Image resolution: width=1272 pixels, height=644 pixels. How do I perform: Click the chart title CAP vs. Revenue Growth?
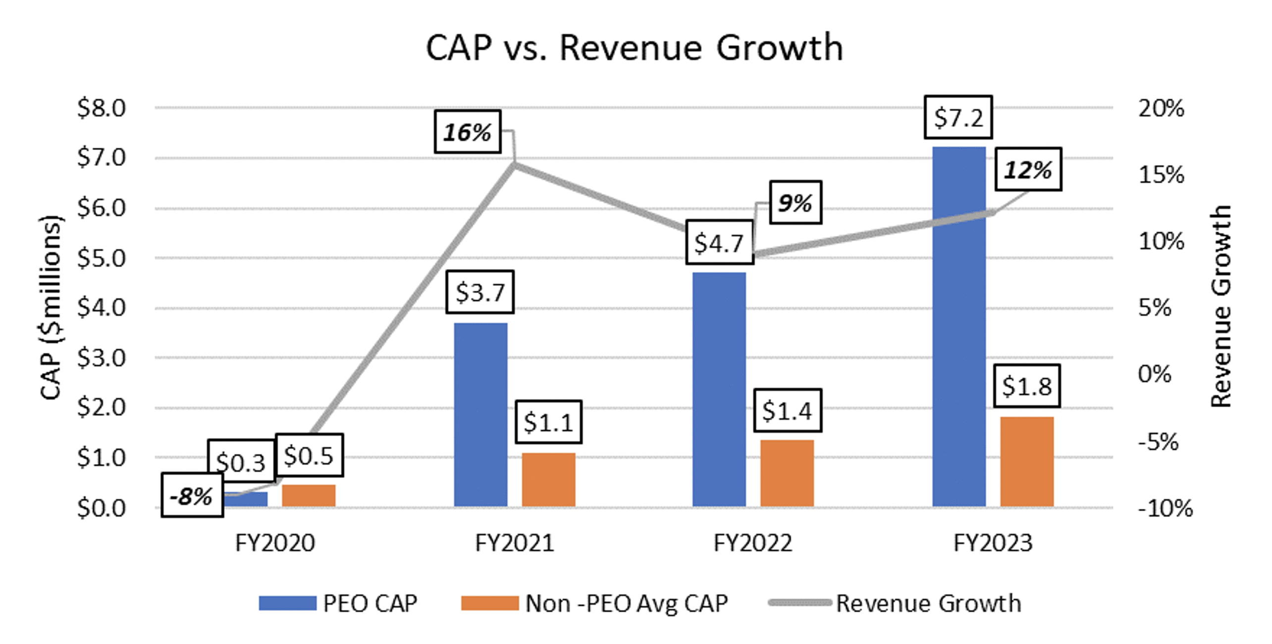[635, 48]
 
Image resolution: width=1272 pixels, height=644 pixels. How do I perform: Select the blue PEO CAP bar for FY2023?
[958, 327]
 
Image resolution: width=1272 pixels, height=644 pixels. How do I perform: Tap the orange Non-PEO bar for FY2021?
[548, 480]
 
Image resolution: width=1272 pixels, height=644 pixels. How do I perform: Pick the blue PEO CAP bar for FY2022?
[719, 389]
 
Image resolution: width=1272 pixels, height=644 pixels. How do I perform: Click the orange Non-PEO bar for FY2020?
[309, 495]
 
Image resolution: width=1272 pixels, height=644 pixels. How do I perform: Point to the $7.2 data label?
[958, 117]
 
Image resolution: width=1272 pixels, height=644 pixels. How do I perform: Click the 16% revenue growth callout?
[468, 132]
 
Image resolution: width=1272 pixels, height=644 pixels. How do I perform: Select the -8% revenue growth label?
[192, 496]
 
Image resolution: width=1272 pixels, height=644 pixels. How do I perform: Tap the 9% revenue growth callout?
[795, 203]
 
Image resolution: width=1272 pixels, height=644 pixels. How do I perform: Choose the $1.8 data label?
[1026, 386]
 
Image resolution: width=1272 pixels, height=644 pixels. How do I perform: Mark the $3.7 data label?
[479, 292]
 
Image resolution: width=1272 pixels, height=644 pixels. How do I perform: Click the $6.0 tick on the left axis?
[102, 208]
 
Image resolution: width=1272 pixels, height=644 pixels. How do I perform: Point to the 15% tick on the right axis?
[1161, 175]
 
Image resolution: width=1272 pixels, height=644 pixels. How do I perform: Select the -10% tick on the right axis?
[1165, 508]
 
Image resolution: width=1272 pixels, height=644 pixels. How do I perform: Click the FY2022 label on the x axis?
[752, 543]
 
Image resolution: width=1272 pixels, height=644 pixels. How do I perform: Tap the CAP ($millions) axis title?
[51, 307]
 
